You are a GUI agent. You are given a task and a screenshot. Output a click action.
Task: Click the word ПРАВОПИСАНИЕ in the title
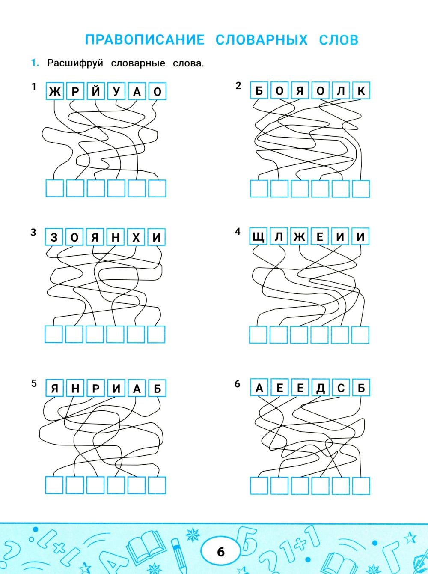click(x=145, y=40)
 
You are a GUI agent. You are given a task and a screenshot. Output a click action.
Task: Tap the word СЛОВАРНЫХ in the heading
click(x=262, y=40)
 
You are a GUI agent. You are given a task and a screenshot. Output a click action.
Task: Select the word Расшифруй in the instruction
click(x=75, y=63)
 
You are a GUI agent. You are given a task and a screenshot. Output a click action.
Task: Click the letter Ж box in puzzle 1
click(x=55, y=91)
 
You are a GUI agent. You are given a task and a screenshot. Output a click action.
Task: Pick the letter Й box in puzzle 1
click(x=95, y=91)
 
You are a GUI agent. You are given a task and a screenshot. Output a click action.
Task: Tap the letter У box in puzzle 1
click(x=116, y=91)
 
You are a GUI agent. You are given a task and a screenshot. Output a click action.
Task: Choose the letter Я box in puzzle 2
click(x=300, y=90)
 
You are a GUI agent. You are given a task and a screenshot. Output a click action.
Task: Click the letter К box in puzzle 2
click(x=361, y=90)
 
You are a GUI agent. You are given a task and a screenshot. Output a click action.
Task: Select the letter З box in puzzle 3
click(x=54, y=237)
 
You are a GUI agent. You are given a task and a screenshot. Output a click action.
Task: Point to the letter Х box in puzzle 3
click(x=136, y=237)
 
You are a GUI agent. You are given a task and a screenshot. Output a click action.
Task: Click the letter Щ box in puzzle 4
click(x=258, y=236)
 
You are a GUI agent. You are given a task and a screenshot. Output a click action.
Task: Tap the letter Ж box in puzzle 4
click(x=299, y=236)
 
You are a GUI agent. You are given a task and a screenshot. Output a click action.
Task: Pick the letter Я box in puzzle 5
click(x=55, y=388)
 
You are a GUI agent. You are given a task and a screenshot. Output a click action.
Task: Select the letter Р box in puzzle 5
click(x=95, y=388)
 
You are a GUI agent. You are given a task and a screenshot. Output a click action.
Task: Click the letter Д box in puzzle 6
click(x=320, y=387)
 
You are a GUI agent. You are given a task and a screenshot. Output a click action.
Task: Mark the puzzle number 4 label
click(x=238, y=231)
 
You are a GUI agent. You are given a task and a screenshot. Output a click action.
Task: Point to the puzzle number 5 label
click(x=34, y=383)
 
